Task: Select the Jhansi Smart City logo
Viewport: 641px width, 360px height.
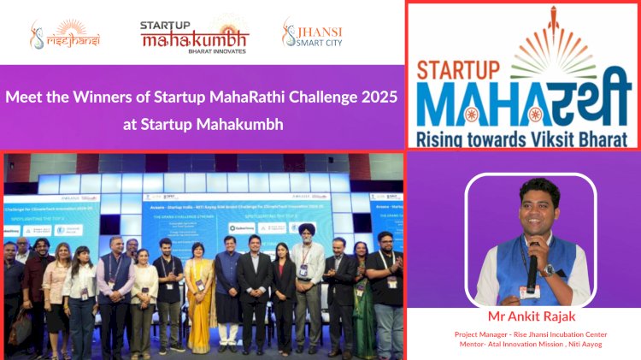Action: (x=313, y=34)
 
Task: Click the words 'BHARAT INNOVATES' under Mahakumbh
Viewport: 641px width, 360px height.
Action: (x=194, y=51)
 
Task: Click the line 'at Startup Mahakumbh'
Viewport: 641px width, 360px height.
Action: (x=201, y=125)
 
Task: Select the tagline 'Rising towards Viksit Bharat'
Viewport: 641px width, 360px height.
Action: (x=523, y=136)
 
